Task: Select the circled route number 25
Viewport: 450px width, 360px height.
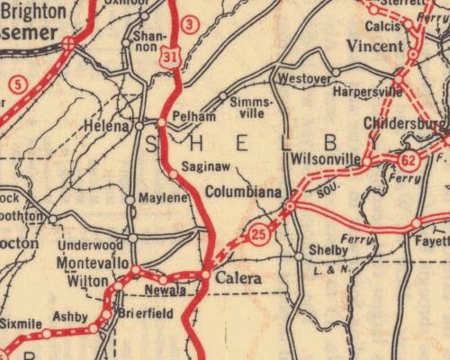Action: click(x=259, y=235)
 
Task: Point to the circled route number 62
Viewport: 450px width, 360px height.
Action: click(x=409, y=161)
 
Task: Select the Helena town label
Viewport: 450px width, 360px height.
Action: click(x=105, y=127)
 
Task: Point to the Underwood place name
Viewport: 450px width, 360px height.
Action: click(x=89, y=245)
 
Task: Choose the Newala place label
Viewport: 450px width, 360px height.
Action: click(x=167, y=291)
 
